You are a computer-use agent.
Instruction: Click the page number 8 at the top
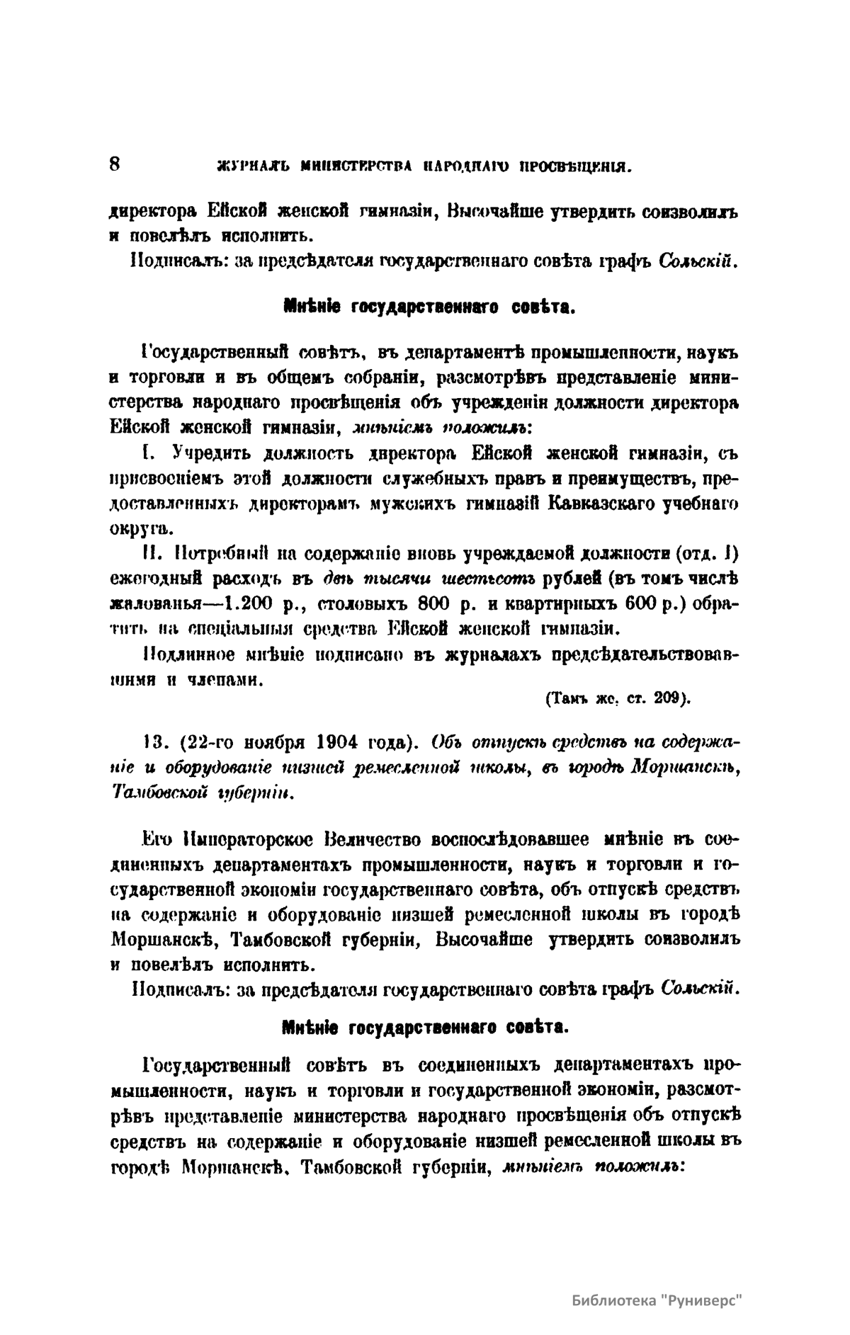pyautogui.click(x=116, y=163)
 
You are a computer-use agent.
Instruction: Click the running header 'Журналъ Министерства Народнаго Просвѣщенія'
pyautogui.click(x=416, y=168)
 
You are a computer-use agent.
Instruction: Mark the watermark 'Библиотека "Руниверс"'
pyautogui.click(x=655, y=1300)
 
